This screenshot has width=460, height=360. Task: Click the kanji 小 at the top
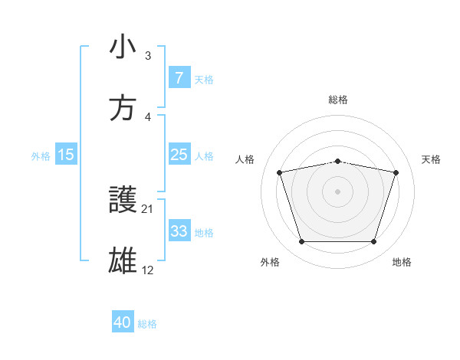[x=123, y=47]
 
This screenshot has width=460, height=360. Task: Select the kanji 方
[x=123, y=108]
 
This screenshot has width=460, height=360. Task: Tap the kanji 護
[x=123, y=200]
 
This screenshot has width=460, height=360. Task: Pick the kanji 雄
[x=123, y=261]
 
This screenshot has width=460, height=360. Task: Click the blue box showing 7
[x=179, y=78]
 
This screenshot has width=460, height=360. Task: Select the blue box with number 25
[x=179, y=155]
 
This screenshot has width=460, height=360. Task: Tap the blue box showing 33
[x=179, y=231]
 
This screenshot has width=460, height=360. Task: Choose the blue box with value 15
[x=66, y=155]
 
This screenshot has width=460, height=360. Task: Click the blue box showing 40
[x=123, y=323]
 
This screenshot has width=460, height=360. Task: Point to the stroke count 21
[x=148, y=208]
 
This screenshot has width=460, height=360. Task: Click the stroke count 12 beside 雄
[x=148, y=270]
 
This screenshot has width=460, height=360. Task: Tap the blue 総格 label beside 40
[x=148, y=324]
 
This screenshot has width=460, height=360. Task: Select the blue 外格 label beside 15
[x=41, y=155]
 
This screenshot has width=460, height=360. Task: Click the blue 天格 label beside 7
[x=204, y=79]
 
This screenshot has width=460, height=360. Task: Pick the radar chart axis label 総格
[x=338, y=100]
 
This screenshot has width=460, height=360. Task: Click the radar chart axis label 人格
[x=246, y=159]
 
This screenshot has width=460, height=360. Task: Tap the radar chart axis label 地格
[x=402, y=262]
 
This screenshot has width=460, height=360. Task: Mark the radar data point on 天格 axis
[x=396, y=172]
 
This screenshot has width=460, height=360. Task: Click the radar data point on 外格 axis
[x=301, y=242]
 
